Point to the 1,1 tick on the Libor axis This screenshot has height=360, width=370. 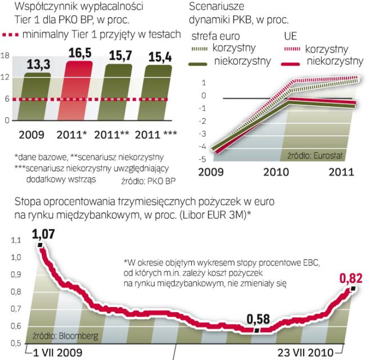tap(11, 240)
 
